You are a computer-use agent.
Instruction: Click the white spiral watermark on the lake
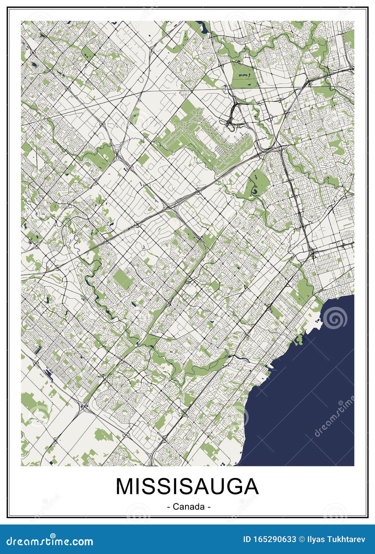point(335,317)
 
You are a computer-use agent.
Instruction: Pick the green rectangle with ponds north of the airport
point(244,75)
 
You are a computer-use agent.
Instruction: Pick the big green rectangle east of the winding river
point(122,280)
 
